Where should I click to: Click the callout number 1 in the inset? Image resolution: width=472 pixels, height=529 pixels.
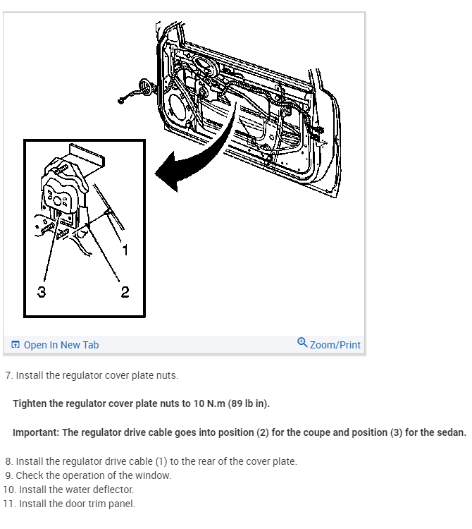pos(125,250)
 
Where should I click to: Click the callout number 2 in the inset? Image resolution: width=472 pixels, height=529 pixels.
pos(125,291)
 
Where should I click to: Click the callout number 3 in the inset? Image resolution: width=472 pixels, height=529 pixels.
pos(42,291)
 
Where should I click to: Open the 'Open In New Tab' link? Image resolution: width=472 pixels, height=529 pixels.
pos(61,345)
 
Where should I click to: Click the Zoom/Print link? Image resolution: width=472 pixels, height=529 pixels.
pos(335,345)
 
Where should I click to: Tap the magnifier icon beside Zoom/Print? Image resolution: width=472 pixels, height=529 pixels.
pos(302,343)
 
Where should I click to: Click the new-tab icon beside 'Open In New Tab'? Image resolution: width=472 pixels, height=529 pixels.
pos(15,345)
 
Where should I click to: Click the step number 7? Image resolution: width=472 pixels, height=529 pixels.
pos(8,375)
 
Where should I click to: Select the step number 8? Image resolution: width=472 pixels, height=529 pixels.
pos(8,461)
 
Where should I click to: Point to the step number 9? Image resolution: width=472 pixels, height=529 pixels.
pos(8,475)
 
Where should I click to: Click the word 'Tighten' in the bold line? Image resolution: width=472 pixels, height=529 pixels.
pos(31,403)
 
